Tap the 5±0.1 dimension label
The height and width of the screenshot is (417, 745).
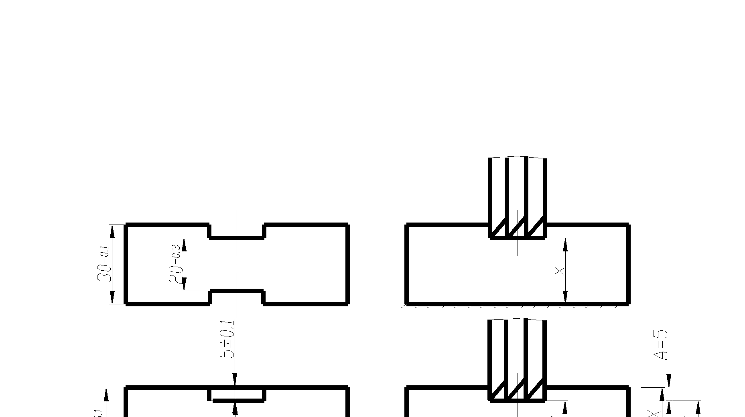point(227,339)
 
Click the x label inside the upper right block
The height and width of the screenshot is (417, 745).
point(560,271)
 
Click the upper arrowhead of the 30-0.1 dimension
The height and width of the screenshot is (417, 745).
point(112,230)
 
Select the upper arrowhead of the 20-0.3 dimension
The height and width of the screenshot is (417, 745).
point(184,243)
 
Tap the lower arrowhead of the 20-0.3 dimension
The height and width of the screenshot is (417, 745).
point(184,284)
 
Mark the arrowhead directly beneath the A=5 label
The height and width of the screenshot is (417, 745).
point(669,381)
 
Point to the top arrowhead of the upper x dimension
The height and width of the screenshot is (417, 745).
point(566,243)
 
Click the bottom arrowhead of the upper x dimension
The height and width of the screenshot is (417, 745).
point(566,297)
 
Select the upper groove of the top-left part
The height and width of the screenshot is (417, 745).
point(237,231)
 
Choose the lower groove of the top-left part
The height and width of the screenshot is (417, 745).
point(237,297)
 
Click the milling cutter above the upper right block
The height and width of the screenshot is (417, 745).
point(518,196)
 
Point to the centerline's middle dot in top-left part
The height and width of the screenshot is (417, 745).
point(237,264)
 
